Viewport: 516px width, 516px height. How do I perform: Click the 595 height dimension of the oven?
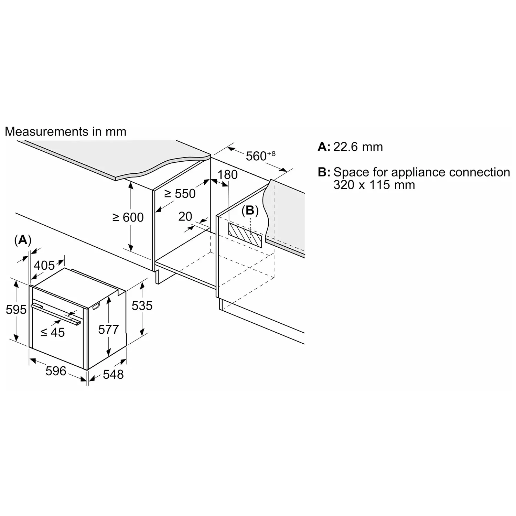16,310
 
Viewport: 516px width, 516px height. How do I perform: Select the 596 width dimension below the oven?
56,371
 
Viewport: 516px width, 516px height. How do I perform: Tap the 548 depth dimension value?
113,374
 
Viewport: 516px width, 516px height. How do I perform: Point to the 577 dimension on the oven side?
108,330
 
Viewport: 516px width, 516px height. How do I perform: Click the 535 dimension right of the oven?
142,305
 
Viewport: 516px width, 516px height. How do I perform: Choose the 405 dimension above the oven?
44,265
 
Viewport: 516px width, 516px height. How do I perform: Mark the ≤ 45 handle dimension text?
53,332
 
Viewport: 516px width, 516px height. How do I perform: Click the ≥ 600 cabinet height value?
128,217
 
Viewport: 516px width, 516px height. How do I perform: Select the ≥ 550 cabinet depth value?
180,194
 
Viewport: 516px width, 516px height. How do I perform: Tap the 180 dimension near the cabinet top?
228,175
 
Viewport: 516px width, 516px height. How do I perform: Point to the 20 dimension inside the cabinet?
185,216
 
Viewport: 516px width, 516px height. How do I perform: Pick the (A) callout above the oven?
23,240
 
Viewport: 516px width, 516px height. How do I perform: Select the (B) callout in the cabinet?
250,210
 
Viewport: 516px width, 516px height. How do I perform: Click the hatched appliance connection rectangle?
245,235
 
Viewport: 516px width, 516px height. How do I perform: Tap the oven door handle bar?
56,314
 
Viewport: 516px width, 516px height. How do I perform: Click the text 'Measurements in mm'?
66,132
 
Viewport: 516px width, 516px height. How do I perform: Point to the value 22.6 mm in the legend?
358,147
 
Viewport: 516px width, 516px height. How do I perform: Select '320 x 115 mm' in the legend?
374,185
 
